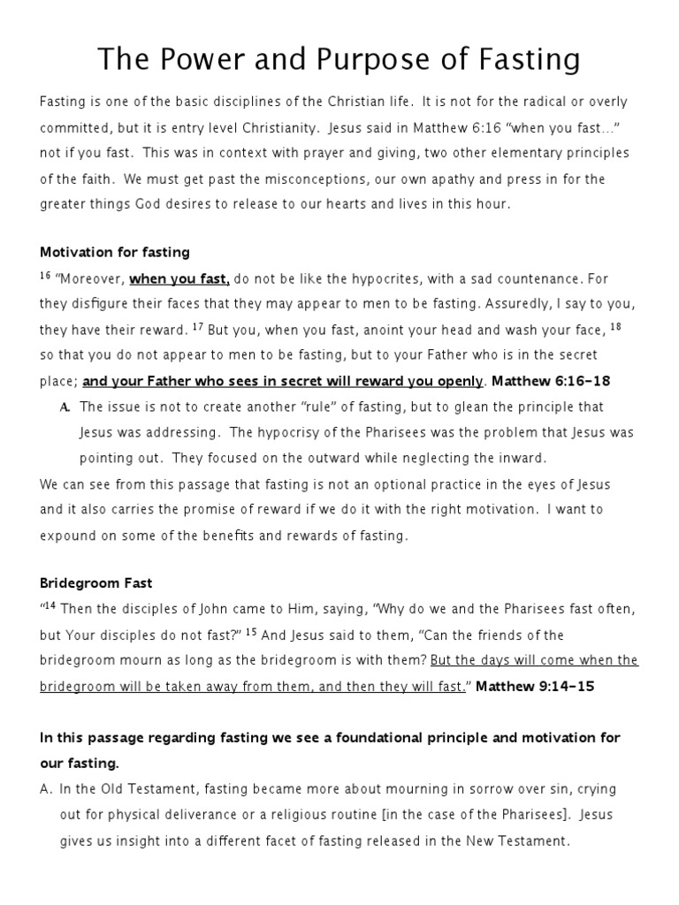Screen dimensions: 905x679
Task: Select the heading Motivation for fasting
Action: (115, 253)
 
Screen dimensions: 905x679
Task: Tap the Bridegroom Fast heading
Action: (96, 583)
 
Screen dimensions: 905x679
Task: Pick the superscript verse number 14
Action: (50, 606)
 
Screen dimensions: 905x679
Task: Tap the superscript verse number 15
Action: (251, 632)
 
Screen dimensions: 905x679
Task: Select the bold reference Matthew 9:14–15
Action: (535, 687)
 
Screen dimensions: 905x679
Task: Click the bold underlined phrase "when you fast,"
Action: (180, 279)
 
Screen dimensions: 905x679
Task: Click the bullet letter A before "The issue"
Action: (65, 407)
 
